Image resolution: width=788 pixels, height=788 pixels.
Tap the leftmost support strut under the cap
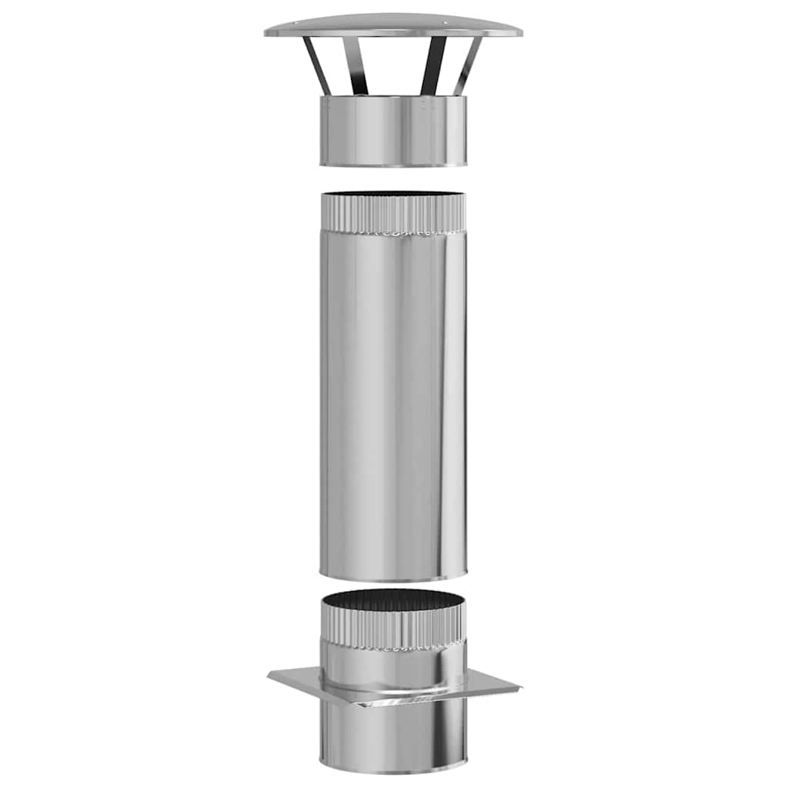coord(317,65)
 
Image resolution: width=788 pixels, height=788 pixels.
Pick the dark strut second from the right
coord(432,66)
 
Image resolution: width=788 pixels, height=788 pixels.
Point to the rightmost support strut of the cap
coord(467,66)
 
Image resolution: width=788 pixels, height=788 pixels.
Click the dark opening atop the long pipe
coord(393,195)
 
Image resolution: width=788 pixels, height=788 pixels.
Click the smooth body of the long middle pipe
coord(393,400)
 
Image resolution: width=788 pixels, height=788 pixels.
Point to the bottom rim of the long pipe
coord(393,576)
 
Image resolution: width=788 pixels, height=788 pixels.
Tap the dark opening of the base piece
coord(393,599)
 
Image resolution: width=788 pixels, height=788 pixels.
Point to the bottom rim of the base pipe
coord(393,770)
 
